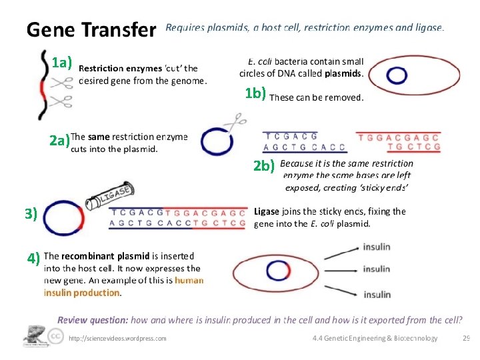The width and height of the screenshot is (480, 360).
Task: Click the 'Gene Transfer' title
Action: click(90, 30)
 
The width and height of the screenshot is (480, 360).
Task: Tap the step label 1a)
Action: click(61, 63)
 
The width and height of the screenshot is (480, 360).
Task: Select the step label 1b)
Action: click(255, 93)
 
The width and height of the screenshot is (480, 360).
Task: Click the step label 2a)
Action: click(59, 141)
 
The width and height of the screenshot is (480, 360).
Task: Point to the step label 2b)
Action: click(264, 167)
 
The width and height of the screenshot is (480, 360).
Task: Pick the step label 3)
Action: click(31, 213)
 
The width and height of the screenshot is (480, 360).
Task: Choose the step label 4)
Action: click(34, 257)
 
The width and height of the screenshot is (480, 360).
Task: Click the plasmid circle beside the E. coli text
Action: click(397, 75)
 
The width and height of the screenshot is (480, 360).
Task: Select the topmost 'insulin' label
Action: click(377, 247)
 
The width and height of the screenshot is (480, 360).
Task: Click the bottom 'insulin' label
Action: click(377, 294)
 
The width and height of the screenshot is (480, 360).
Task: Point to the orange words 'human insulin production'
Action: click(123, 286)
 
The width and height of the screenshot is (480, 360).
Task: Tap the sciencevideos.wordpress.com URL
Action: click(118, 339)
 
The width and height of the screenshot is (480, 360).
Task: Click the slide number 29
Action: click(466, 338)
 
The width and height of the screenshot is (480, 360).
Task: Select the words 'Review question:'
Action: click(93, 320)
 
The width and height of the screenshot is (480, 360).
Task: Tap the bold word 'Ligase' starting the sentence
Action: click(266, 211)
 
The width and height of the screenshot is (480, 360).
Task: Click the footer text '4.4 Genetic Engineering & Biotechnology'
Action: click(375, 339)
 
